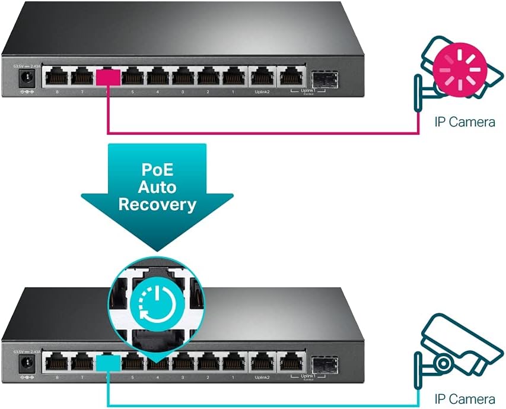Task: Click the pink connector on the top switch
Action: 108,77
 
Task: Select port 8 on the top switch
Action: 56,77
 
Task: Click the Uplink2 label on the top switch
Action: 261,92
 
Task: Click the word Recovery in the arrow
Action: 157,205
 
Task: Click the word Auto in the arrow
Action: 157,186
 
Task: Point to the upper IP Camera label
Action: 464,122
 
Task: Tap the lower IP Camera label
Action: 464,399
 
